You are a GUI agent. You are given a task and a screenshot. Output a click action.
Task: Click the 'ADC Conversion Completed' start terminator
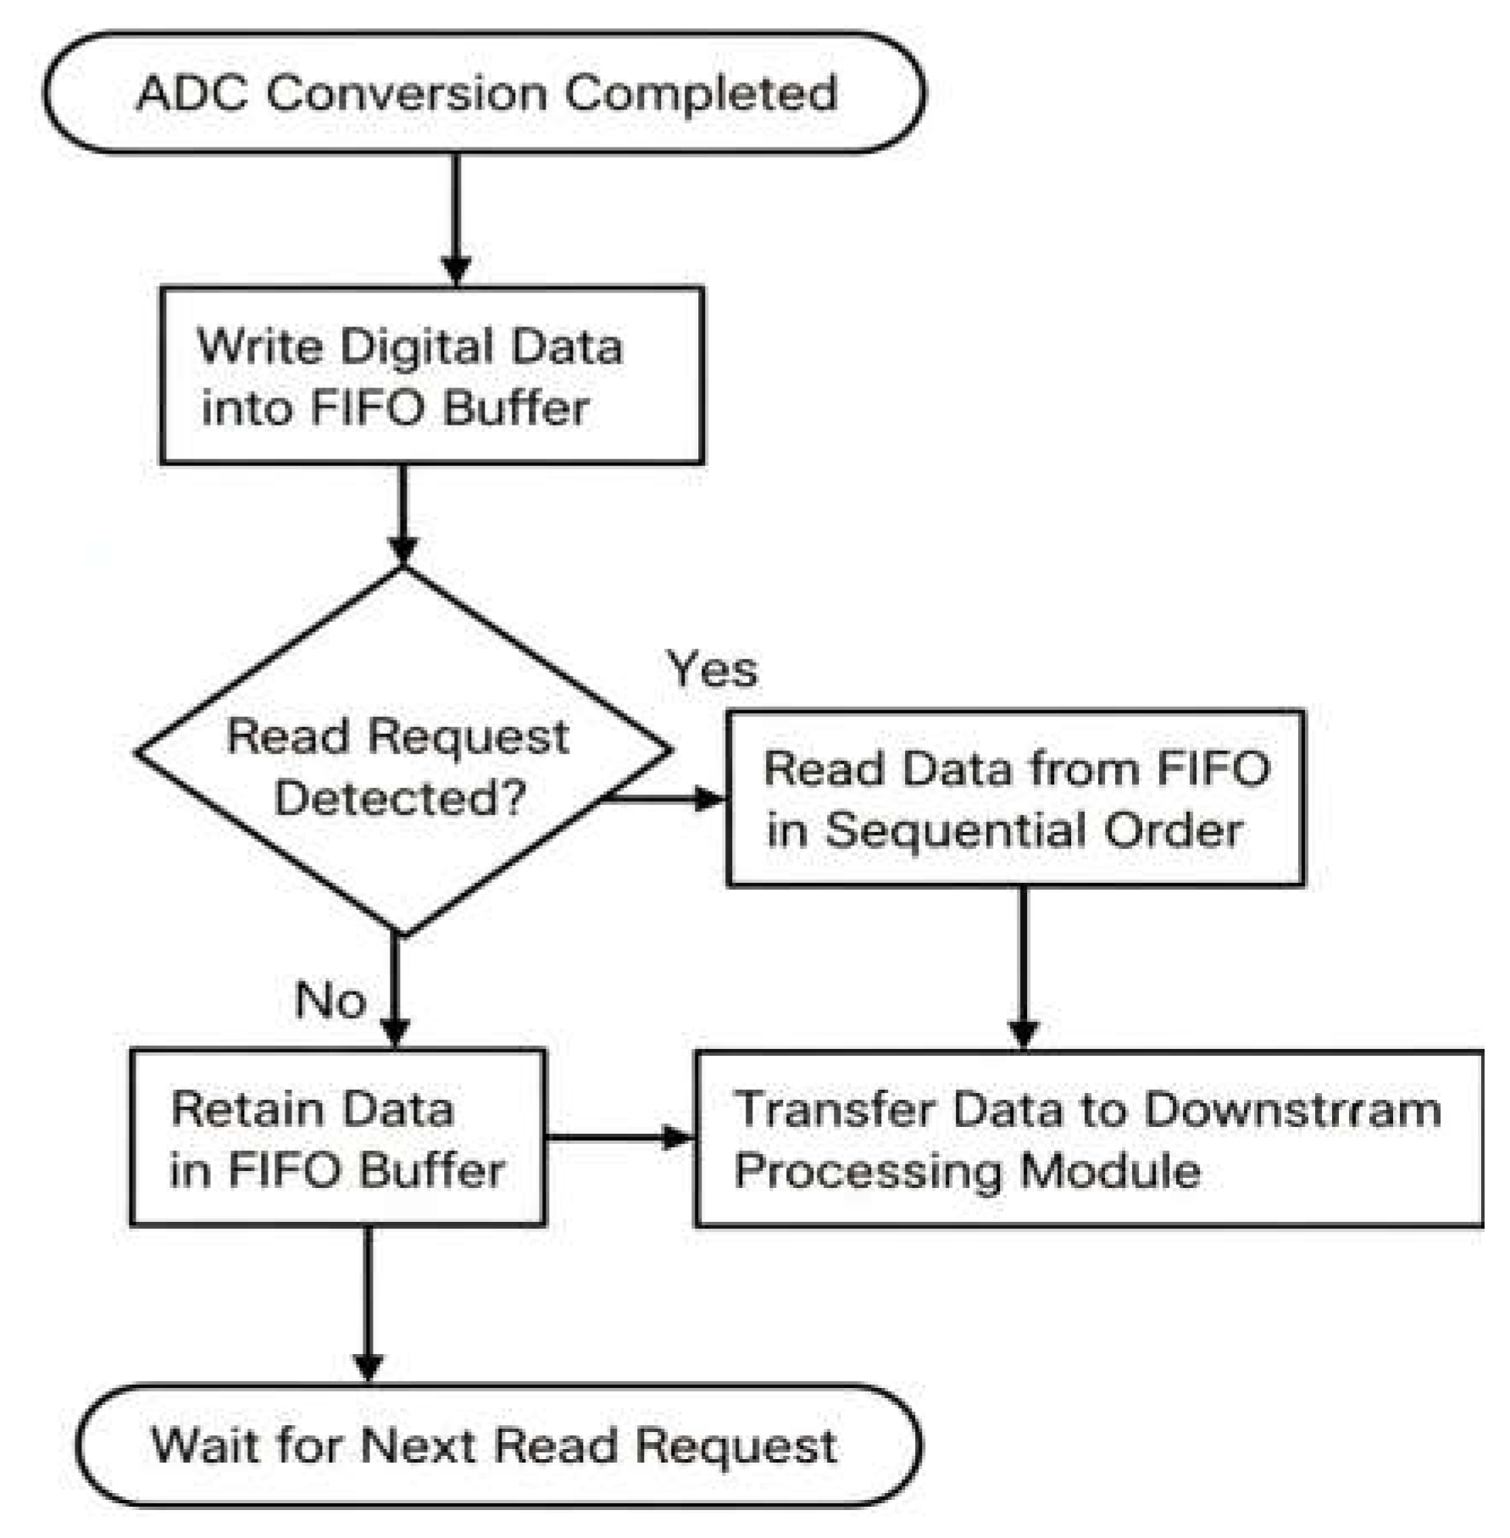coord(485,93)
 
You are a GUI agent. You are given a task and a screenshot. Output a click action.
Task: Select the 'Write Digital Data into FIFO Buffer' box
coord(432,375)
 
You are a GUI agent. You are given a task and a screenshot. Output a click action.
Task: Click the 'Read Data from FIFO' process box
coord(1015,798)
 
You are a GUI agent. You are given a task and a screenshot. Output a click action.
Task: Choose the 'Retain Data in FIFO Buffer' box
coord(337,1137)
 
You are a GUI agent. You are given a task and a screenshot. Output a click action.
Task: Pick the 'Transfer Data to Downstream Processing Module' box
coord(1088,1138)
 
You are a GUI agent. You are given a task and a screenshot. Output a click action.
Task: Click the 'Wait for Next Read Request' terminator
coord(498,1445)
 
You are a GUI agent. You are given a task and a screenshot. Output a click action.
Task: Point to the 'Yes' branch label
coord(712,669)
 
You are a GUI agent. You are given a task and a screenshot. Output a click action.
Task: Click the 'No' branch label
coord(330,1000)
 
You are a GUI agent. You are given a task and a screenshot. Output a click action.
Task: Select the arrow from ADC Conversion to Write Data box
coord(457,220)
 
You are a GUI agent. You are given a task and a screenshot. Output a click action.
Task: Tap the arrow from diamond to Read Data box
coord(665,798)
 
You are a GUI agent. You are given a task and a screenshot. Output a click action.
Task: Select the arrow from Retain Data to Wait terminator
coord(368,1305)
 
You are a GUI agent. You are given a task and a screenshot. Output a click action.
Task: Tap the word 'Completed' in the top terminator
coord(700,93)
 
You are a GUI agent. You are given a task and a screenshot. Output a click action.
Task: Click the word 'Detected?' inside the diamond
coord(400,798)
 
